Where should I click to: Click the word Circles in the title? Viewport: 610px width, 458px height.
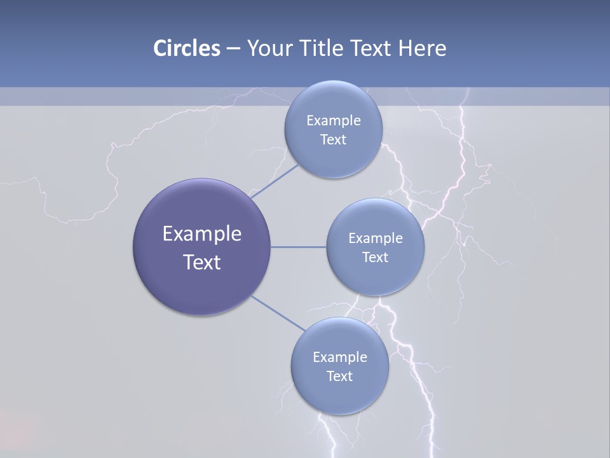tap(186, 48)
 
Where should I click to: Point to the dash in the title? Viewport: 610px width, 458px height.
tap(233, 49)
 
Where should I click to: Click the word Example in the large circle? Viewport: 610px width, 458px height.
tap(202, 234)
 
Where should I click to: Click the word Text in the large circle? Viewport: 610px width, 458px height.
tap(202, 262)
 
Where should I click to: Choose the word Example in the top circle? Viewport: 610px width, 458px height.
tap(333, 121)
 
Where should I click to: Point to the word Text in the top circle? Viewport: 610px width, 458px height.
tap(333, 140)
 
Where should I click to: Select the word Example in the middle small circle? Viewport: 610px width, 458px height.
tap(376, 239)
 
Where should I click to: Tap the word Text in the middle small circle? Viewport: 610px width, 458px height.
tap(376, 258)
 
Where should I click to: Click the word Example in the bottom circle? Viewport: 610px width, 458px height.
tap(339, 357)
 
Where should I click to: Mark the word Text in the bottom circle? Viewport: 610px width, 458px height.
tap(339, 377)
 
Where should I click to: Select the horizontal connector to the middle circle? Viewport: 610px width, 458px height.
tap(299, 247)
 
